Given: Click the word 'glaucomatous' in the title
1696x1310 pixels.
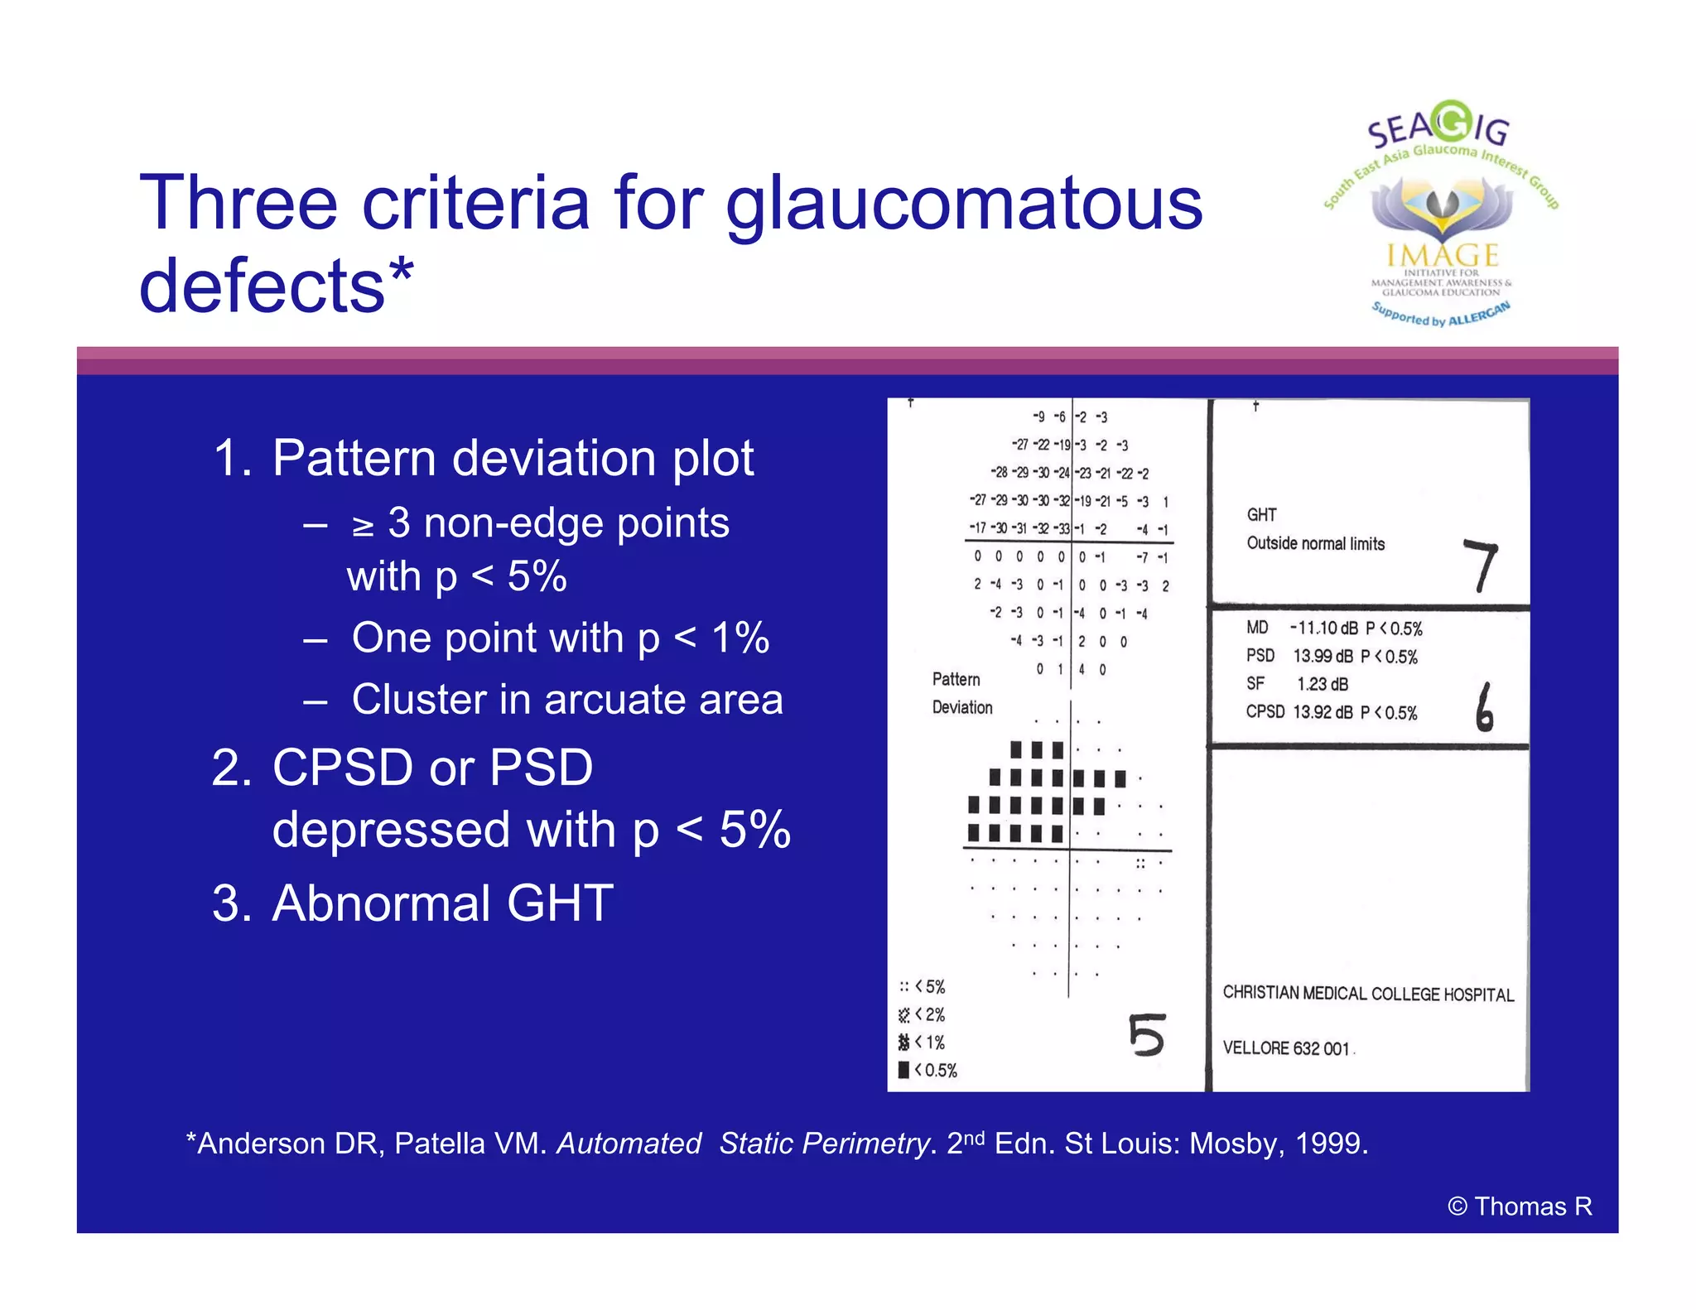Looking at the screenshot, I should click(963, 205).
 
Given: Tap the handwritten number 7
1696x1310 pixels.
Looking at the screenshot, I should click(1481, 566).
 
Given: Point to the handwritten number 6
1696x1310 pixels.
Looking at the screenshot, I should click(1484, 707).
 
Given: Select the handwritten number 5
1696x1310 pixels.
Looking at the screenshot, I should click(1147, 1035).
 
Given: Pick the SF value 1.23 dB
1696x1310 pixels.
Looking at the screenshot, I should click(1322, 684).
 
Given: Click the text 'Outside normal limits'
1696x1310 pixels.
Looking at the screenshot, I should click(1315, 544).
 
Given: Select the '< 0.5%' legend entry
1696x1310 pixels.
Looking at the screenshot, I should click(928, 1071).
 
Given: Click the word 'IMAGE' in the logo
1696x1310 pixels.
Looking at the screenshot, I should click(1443, 255).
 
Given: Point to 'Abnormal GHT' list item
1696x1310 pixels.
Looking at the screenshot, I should click(442, 903).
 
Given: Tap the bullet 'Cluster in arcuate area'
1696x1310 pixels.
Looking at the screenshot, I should click(566, 699).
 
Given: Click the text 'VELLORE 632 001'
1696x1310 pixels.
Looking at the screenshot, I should click(1286, 1048).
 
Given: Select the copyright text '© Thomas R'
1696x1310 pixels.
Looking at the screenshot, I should click(1520, 1206).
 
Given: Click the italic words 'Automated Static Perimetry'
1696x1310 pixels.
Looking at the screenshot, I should click(743, 1144).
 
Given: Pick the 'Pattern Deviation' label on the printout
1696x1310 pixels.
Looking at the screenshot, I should click(961, 693).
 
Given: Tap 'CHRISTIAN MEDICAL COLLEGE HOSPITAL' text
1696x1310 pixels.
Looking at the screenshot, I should click(1367, 994).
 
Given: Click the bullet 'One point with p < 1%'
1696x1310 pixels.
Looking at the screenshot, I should click(560, 638).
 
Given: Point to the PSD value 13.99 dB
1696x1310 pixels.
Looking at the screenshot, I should click(1323, 657).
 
